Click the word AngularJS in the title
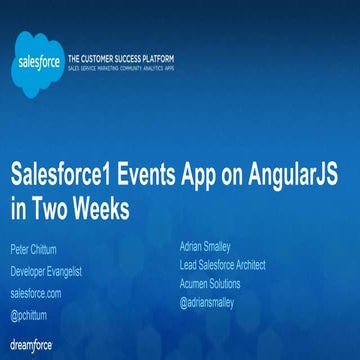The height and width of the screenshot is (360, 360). point(290,172)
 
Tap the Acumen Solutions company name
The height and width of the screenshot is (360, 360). point(208,283)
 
